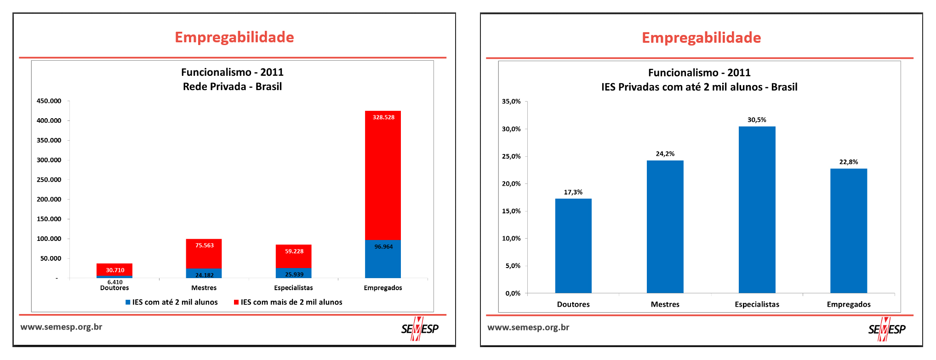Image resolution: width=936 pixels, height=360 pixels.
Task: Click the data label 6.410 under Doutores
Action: (115, 282)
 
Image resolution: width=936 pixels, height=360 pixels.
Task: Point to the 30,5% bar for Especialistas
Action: (757, 210)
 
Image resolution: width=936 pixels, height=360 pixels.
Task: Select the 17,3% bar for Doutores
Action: (573, 246)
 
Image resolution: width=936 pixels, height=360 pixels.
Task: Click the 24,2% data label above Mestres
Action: (665, 154)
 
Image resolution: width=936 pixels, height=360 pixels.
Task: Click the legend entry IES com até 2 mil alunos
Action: (172, 302)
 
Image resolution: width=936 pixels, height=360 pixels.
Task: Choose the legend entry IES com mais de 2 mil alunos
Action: (289, 302)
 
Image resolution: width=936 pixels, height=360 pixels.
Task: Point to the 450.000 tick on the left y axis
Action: (49, 101)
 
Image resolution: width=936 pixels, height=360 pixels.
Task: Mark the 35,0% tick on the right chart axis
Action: (511, 102)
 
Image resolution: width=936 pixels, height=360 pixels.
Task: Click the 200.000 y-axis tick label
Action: (49, 200)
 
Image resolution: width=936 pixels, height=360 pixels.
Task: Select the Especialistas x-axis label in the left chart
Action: (293, 288)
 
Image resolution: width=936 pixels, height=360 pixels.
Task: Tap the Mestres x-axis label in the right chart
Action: (665, 304)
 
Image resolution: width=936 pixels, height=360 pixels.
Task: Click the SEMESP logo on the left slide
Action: (420, 329)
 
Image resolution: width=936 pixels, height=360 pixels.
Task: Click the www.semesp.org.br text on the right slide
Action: (528, 327)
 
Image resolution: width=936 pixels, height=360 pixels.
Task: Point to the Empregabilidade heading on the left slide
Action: (234, 37)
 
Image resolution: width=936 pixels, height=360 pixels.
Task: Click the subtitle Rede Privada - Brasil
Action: (232, 86)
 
